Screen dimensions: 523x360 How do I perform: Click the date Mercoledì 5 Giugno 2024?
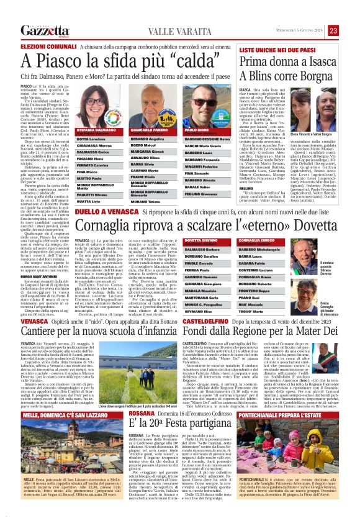coord(294,30)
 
